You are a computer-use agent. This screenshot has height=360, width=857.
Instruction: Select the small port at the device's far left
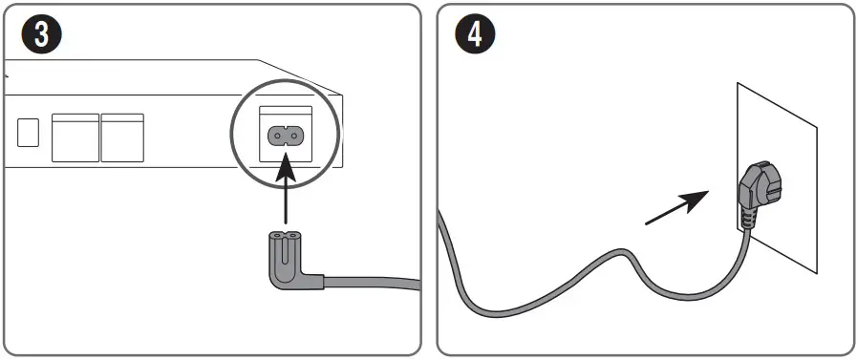pyautogui.click(x=28, y=132)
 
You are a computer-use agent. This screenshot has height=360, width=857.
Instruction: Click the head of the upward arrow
pyautogui.click(x=286, y=169)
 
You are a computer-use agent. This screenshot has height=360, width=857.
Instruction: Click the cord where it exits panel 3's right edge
pyautogui.click(x=417, y=284)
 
